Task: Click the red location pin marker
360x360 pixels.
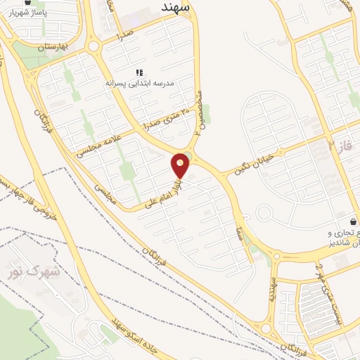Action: [181, 165]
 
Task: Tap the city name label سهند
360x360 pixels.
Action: [171, 7]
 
